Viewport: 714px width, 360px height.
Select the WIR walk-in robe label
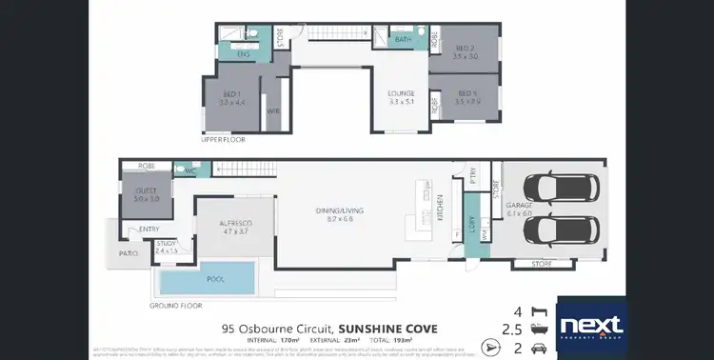tap(274, 110)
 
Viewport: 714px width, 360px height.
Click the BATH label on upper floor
tap(403, 40)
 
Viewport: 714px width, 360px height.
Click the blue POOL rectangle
tap(215, 280)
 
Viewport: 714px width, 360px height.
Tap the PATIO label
tap(129, 254)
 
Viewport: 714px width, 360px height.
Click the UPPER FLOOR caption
tap(223, 139)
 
